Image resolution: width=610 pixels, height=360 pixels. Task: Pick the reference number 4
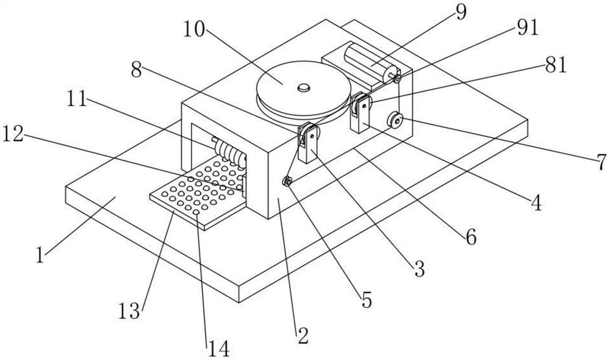tap(536, 203)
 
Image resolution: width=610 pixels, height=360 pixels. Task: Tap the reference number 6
tap(471, 237)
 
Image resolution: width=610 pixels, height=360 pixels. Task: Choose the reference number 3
tap(419, 269)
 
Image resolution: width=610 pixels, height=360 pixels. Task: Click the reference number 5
tap(365, 300)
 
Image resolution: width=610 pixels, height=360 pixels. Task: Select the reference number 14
tap(219, 348)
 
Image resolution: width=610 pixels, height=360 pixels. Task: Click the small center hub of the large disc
tap(303, 89)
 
